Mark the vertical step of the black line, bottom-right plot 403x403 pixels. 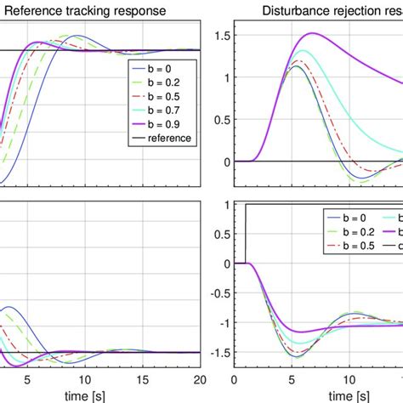245,234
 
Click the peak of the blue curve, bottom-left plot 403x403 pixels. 9,307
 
